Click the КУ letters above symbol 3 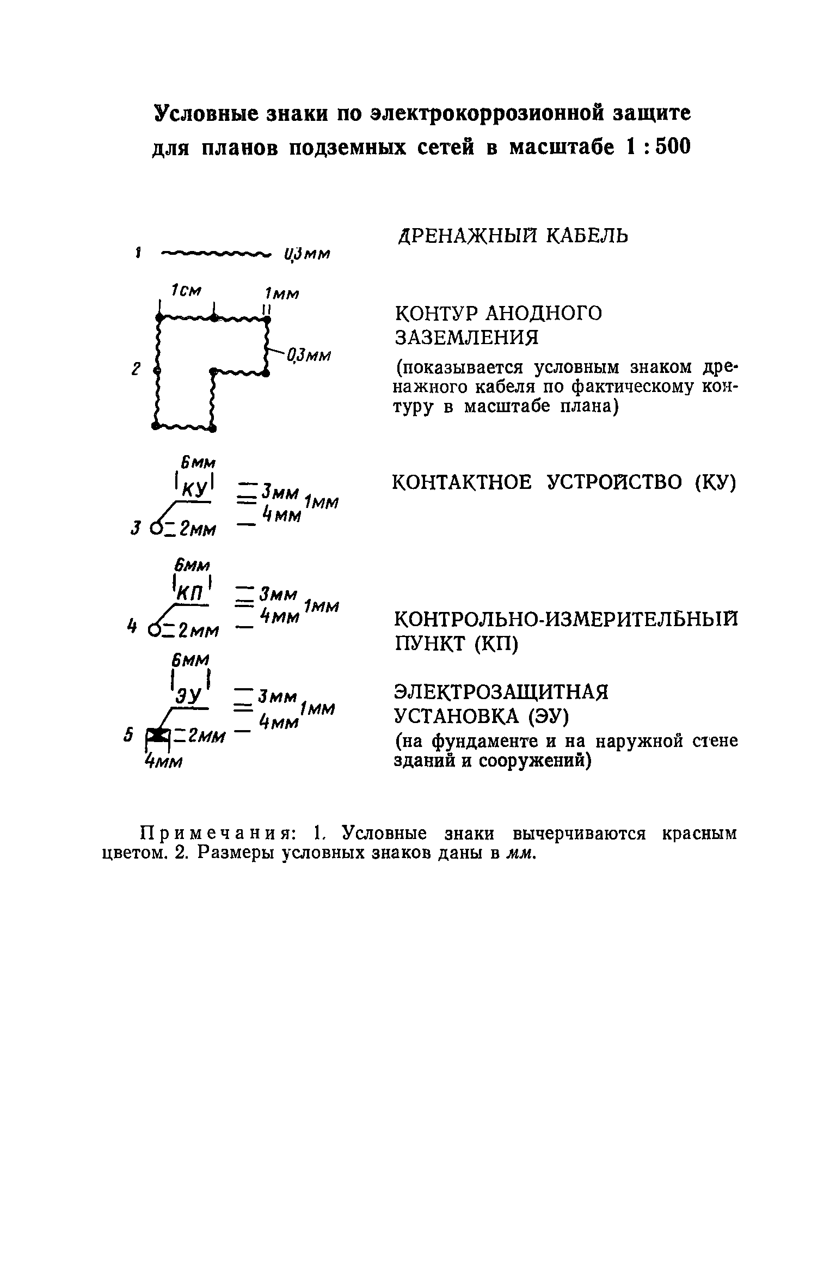(194, 488)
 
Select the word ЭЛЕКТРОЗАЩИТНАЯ (501, 693)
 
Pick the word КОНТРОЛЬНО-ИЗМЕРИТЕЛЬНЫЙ (565, 620)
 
